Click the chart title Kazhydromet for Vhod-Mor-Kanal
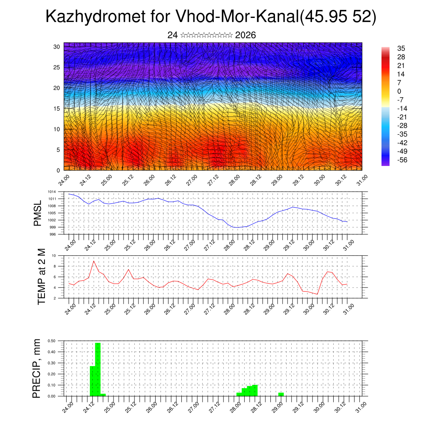pyautogui.click(x=211, y=17)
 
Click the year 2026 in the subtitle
pyautogui.click(x=245, y=35)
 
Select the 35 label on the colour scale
pyautogui.click(x=401, y=48)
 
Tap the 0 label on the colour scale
pyautogui.click(x=399, y=91)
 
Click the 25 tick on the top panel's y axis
pyautogui.click(x=57, y=67)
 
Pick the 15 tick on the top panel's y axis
pyautogui.click(x=57, y=109)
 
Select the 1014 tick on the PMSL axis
pyautogui.click(x=51, y=192)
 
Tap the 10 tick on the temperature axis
pyautogui.click(x=54, y=255)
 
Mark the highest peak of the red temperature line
pyautogui.click(x=94, y=261)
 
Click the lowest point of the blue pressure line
pyautogui.click(x=236, y=228)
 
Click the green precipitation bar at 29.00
pyautogui.click(x=281, y=394)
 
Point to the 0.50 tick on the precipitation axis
pyautogui.click(x=51, y=341)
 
